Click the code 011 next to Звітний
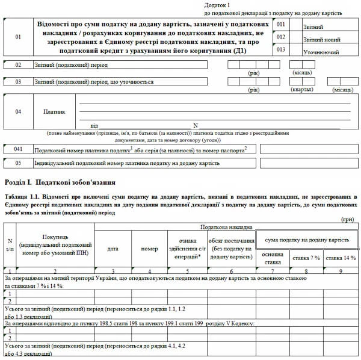pyautogui.click(x=281, y=24)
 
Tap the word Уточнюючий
pyautogui.click(x=321, y=52)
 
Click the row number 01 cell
pyautogui.click(x=17, y=37)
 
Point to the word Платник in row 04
pyautogui.click(x=54, y=112)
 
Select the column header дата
pyautogui.click(x=113, y=248)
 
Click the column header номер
pyautogui.click(x=149, y=248)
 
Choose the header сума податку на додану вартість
pyautogui.click(x=307, y=240)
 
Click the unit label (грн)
pyautogui.click(x=348, y=221)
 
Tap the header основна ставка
pyautogui.click(x=273, y=258)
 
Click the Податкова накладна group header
pyautogui.click(x=226, y=228)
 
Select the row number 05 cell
pyautogui.click(x=18, y=163)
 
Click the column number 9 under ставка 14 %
pyautogui.click(x=341, y=271)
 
